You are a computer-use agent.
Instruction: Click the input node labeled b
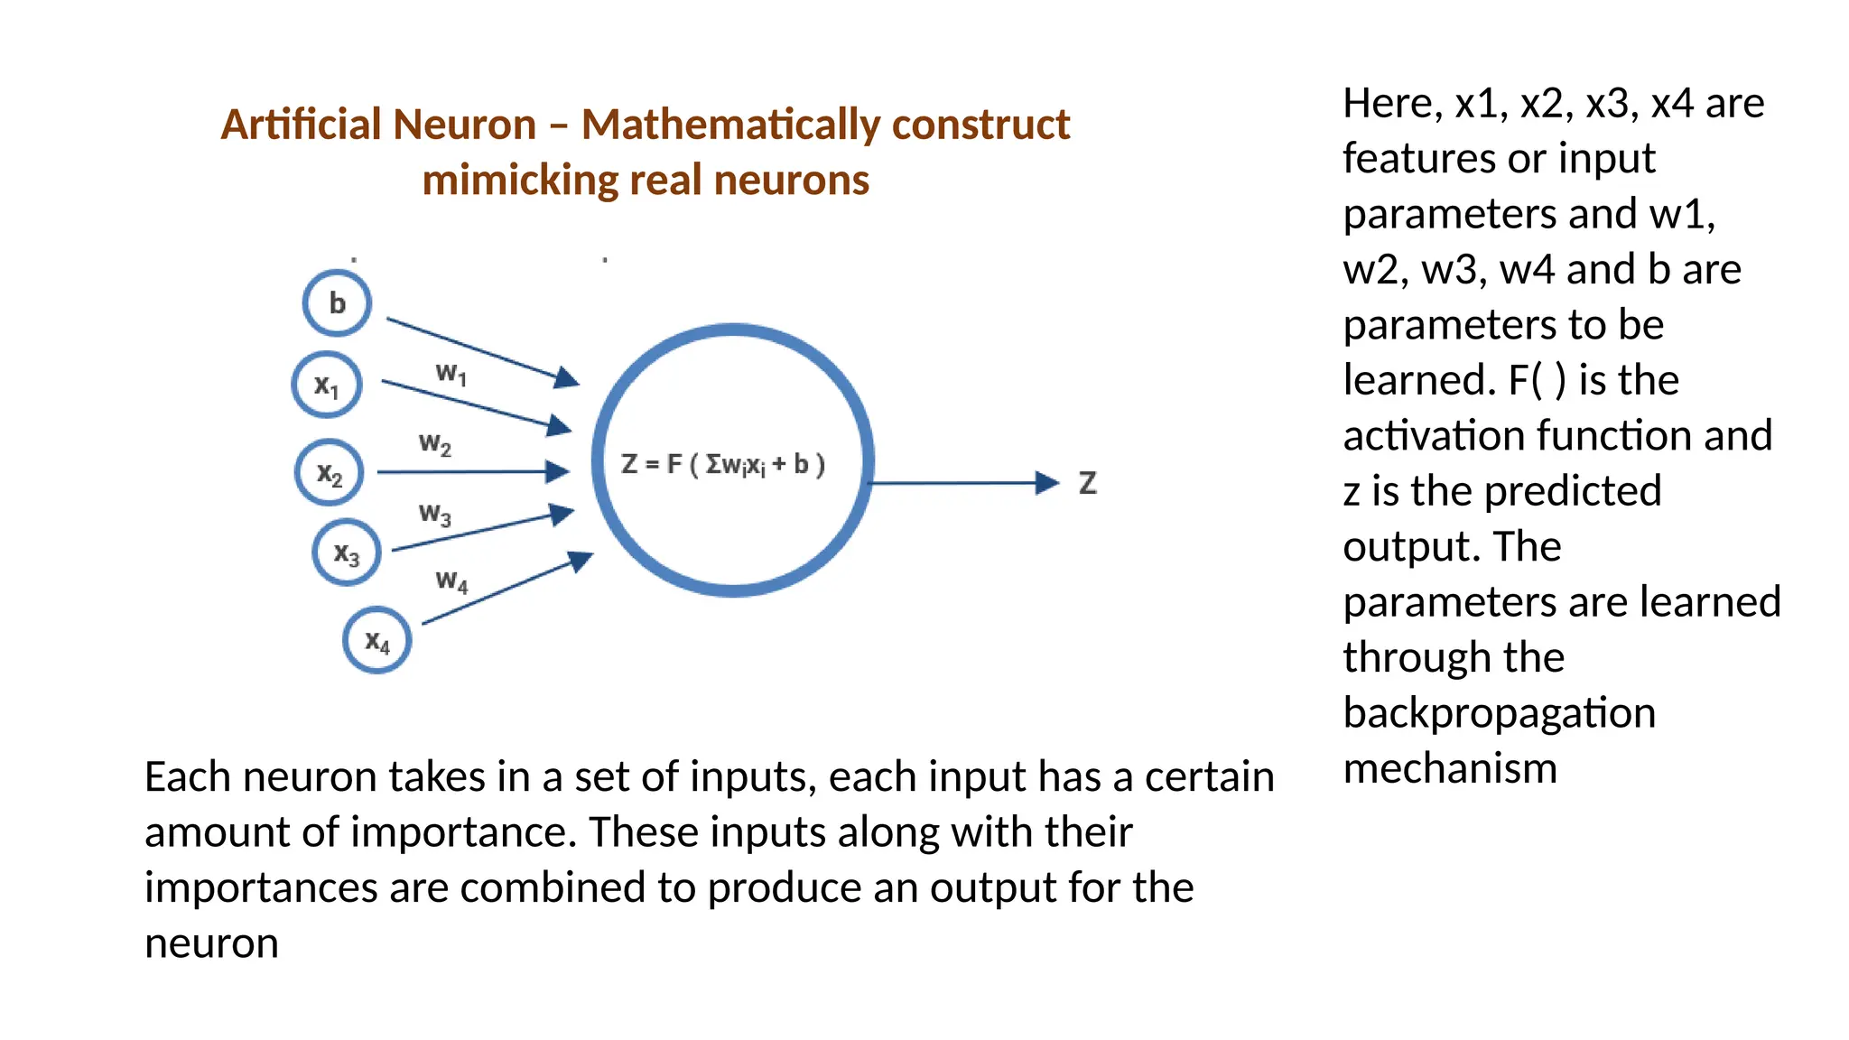click(337, 303)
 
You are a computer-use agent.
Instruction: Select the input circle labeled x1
click(327, 385)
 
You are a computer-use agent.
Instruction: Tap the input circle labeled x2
click(330, 473)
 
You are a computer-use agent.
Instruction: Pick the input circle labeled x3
click(347, 552)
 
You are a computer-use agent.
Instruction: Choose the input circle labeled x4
click(377, 641)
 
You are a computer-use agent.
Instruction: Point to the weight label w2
click(435, 444)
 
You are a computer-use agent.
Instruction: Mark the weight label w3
click(435, 515)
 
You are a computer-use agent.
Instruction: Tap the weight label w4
click(451, 580)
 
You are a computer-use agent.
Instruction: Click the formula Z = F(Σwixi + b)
click(723, 465)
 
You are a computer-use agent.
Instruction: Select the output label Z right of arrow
click(1088, 484)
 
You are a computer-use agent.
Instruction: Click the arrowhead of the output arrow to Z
click(1047, 483)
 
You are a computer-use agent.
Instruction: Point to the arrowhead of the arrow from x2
click(558, 471)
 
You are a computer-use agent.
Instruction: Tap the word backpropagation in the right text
click(1499, 713)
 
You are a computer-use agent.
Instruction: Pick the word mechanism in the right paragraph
click(1450, 769)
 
